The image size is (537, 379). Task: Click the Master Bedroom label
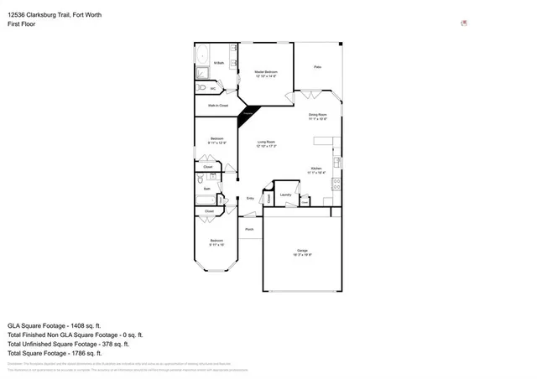pos(267,74)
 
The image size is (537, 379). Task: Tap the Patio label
pos(318,66)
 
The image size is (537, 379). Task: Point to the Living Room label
pos(267,144)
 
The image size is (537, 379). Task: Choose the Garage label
pos(303,252)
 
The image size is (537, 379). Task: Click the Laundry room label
pos(285,195)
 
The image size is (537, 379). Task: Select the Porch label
pos(249,228)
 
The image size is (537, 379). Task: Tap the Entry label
pos(250,199)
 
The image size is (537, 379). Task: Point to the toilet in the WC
pos(201,87)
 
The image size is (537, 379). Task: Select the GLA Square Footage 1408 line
pos(54,324)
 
